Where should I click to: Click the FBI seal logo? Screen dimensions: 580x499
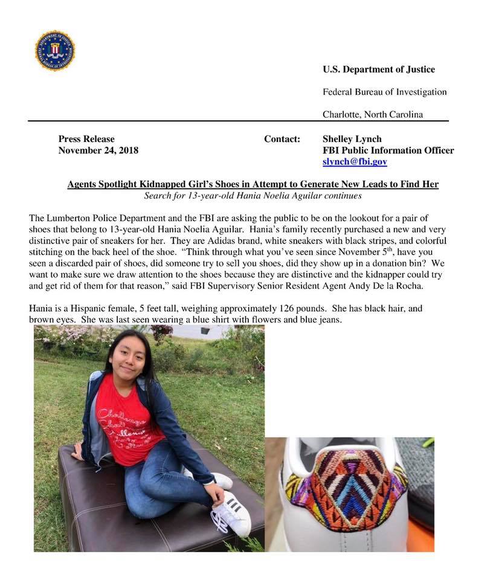pos(55,50)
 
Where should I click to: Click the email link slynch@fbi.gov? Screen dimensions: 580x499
pos(355,162)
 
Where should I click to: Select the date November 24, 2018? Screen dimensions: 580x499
pos(98,150)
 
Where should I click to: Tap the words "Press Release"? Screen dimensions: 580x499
pos(86,139)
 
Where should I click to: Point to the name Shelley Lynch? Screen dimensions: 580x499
pos(352,139)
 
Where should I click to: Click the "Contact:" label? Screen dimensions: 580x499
pos(282,139)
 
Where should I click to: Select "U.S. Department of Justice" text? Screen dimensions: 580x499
pos(379,69)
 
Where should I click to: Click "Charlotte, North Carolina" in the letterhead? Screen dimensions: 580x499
pos(373,114)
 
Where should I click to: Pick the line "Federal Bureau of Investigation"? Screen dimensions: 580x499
pos(385,92)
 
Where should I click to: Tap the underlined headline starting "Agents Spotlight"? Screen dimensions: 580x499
pos(253,184)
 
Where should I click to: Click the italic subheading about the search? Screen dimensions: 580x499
pos(253,196)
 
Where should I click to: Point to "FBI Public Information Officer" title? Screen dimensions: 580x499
pos(388,150)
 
